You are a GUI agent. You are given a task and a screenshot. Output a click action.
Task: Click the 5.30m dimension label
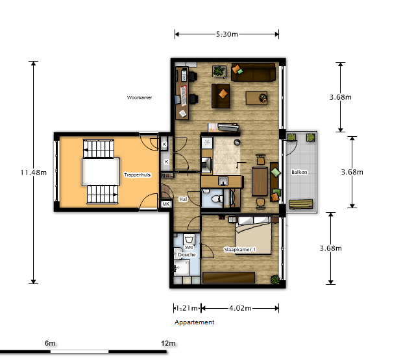pyautogui.click(x=226, y=34)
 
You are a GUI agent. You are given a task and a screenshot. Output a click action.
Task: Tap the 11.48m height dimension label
pyautogui.click(x=33, y=173)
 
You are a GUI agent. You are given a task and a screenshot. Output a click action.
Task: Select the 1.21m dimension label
pyautogui.click(x=187, y=308)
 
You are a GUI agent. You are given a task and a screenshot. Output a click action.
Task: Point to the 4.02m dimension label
pyautogui.click(x=240, y=308)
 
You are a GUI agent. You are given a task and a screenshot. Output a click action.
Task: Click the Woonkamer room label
pyautogui.click(x=140, y=98)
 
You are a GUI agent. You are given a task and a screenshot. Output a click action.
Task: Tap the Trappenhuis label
pyautogui.click(x=137, y=174)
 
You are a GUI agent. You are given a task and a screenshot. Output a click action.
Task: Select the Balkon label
pyautogui.click(x=299, y=172)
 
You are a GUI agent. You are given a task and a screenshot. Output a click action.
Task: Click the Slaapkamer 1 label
pyautogui.click(x=240, y=250)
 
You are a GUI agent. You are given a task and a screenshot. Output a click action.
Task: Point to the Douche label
pyautogui.click(x=187, y=255)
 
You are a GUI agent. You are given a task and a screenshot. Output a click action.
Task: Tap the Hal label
pyautogui.click(x=183, y=199)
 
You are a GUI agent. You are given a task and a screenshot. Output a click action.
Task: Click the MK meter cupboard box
pyautogui.click(x=165, y=204)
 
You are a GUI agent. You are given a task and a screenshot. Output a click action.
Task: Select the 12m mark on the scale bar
pyautogui.click(x=168, y=343)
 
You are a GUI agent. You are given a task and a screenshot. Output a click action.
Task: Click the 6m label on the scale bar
pyautogui.click(x=50, y=343)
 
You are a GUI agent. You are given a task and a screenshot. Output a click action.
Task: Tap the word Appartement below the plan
pyautogui.click(x=194, y=322)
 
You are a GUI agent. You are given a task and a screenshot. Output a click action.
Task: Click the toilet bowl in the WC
pyautogui.click(x=217, y=198)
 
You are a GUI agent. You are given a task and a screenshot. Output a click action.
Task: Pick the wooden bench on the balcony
pyautogui.click(x=301, y=204)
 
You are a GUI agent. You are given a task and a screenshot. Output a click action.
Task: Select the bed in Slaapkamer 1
pyautogui.click(x=254, y=235)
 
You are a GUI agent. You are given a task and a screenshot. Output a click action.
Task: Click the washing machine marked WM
pyautogui.click(x=189, y=239)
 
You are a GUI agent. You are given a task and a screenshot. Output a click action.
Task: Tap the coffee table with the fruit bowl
pyautogui.click(x=256, y=98)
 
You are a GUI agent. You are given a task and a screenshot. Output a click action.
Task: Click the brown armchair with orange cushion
pyautogui.click(x=221, y=96)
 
